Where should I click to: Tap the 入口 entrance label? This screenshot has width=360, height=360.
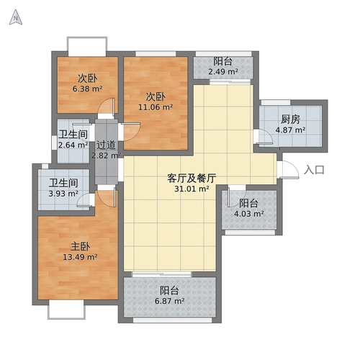[315, 170]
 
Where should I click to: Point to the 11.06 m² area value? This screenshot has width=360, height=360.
[156, 107]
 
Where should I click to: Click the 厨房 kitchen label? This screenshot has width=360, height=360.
[291, 120]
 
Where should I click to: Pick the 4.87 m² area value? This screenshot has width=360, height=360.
[291, 131]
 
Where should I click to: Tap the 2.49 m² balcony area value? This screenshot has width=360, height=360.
[222, 71]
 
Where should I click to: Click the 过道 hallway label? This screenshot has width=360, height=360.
[106, 144]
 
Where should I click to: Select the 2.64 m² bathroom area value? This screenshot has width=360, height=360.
[73, 145]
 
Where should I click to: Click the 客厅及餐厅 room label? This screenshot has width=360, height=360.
[192, 177]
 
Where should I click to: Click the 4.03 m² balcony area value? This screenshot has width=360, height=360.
[249, 214]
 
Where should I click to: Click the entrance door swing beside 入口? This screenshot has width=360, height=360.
[287, 170]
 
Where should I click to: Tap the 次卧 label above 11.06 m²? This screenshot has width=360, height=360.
[156, 96]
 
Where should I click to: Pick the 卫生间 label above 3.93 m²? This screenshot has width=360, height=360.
[63, 183]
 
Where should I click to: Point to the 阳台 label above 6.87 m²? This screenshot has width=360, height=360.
[170, 291]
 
